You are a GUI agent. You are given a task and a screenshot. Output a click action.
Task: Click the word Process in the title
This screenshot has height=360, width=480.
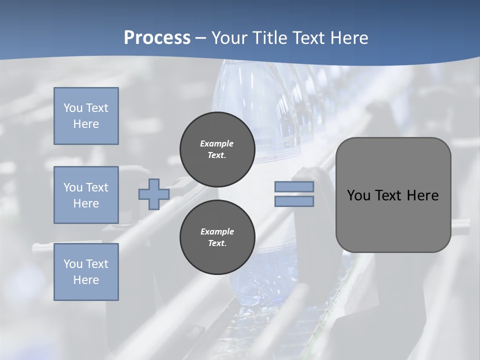point(157,38)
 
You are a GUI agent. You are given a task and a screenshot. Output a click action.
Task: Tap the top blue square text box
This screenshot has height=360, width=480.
point(86,116)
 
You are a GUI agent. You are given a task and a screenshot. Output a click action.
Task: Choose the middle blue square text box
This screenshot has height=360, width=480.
point(86,195)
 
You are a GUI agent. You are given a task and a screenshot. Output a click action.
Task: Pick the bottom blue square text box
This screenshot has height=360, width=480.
point(86,272)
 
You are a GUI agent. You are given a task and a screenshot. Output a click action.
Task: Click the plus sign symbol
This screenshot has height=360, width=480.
point(153,194)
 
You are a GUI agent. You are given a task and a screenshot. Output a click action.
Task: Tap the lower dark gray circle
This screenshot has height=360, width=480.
point(217,237)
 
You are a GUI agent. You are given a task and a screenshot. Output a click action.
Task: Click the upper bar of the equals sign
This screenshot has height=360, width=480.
point(294,186)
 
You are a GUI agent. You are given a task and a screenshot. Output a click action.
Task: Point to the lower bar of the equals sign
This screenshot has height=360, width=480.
point(294,201)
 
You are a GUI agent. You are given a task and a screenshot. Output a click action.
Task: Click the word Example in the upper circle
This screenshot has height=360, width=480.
point(217,143)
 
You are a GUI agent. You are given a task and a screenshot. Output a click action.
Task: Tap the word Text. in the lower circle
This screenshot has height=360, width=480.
point(217,243)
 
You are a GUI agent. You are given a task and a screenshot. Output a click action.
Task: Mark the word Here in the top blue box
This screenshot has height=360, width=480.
point(86,124)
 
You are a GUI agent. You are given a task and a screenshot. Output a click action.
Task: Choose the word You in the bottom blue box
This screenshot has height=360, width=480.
point(73,264)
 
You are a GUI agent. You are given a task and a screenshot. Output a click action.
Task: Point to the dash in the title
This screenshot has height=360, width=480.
point(201,38)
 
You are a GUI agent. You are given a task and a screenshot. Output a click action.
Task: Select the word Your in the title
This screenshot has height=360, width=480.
point(228,38)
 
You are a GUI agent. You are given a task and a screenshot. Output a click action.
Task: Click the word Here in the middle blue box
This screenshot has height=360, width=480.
point(86,203)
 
